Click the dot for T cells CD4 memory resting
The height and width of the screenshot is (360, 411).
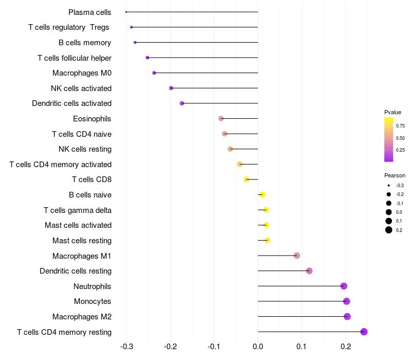coord(364,332)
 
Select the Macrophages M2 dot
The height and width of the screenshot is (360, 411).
coord(347,316)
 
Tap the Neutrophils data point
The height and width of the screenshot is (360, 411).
coord(344,286)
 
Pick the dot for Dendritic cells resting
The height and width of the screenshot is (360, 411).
coord(309,271)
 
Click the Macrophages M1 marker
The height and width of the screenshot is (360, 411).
coord(297,256)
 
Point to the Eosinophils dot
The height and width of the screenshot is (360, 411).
coord(221,119)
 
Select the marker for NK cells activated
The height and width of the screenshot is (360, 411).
coord(171,88)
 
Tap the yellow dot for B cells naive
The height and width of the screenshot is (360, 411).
coord(263,195)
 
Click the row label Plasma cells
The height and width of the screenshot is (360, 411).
coord(90,12)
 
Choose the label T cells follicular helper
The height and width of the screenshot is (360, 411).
coord(74,58)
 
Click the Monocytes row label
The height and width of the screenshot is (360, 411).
coord(92,301)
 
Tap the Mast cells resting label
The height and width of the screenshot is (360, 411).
coord(82,241)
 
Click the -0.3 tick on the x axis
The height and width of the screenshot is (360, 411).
coord(127,347)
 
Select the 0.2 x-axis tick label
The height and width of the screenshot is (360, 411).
coord(345,347)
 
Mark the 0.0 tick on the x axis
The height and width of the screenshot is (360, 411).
coord(258,347)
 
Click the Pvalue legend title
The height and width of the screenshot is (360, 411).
coord(393,112)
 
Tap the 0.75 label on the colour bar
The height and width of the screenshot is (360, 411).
coord(400,125)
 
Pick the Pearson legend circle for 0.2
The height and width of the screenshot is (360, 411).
coord(389,230)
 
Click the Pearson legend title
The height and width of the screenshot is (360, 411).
coord(395,175)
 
